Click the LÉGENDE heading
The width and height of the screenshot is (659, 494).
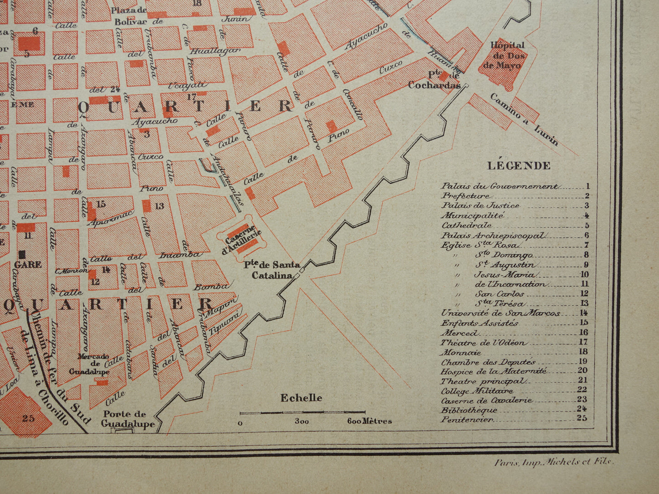(519, 166)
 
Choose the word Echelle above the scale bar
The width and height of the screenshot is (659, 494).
(301, 398)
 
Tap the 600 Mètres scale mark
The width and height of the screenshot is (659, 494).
(369, 421)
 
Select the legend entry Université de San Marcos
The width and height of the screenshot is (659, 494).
(500, 313)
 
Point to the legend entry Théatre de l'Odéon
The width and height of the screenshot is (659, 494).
(483, 343)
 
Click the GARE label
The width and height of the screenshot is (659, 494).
(28, 264)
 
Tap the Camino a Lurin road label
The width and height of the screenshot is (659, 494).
(524, 119)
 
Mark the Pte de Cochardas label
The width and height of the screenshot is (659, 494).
(435, 81)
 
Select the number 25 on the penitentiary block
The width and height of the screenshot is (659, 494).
(28, 417)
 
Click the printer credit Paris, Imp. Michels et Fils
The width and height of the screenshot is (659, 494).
(554, 462)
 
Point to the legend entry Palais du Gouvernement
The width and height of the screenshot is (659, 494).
(499, 186)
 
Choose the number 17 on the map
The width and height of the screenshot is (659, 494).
(191, 97)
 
